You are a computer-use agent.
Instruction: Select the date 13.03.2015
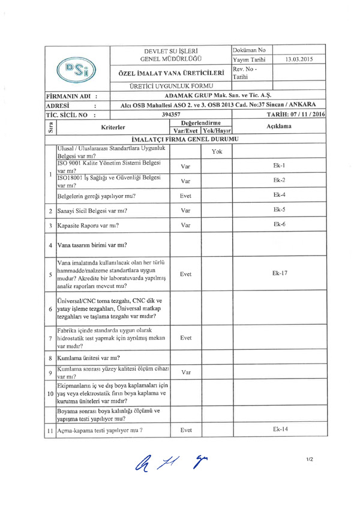[299, 59]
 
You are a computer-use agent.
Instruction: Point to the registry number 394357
[172, 113]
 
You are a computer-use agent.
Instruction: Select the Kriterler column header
[113, 127]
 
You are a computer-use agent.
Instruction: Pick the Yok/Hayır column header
[217, 130]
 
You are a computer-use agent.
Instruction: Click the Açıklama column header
[279, 127]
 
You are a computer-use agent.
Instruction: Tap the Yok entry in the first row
[217, 151]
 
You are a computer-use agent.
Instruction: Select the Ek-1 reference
[279, 164]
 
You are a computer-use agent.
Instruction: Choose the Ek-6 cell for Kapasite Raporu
[279, 224]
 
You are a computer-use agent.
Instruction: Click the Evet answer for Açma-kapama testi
[186, 430]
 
